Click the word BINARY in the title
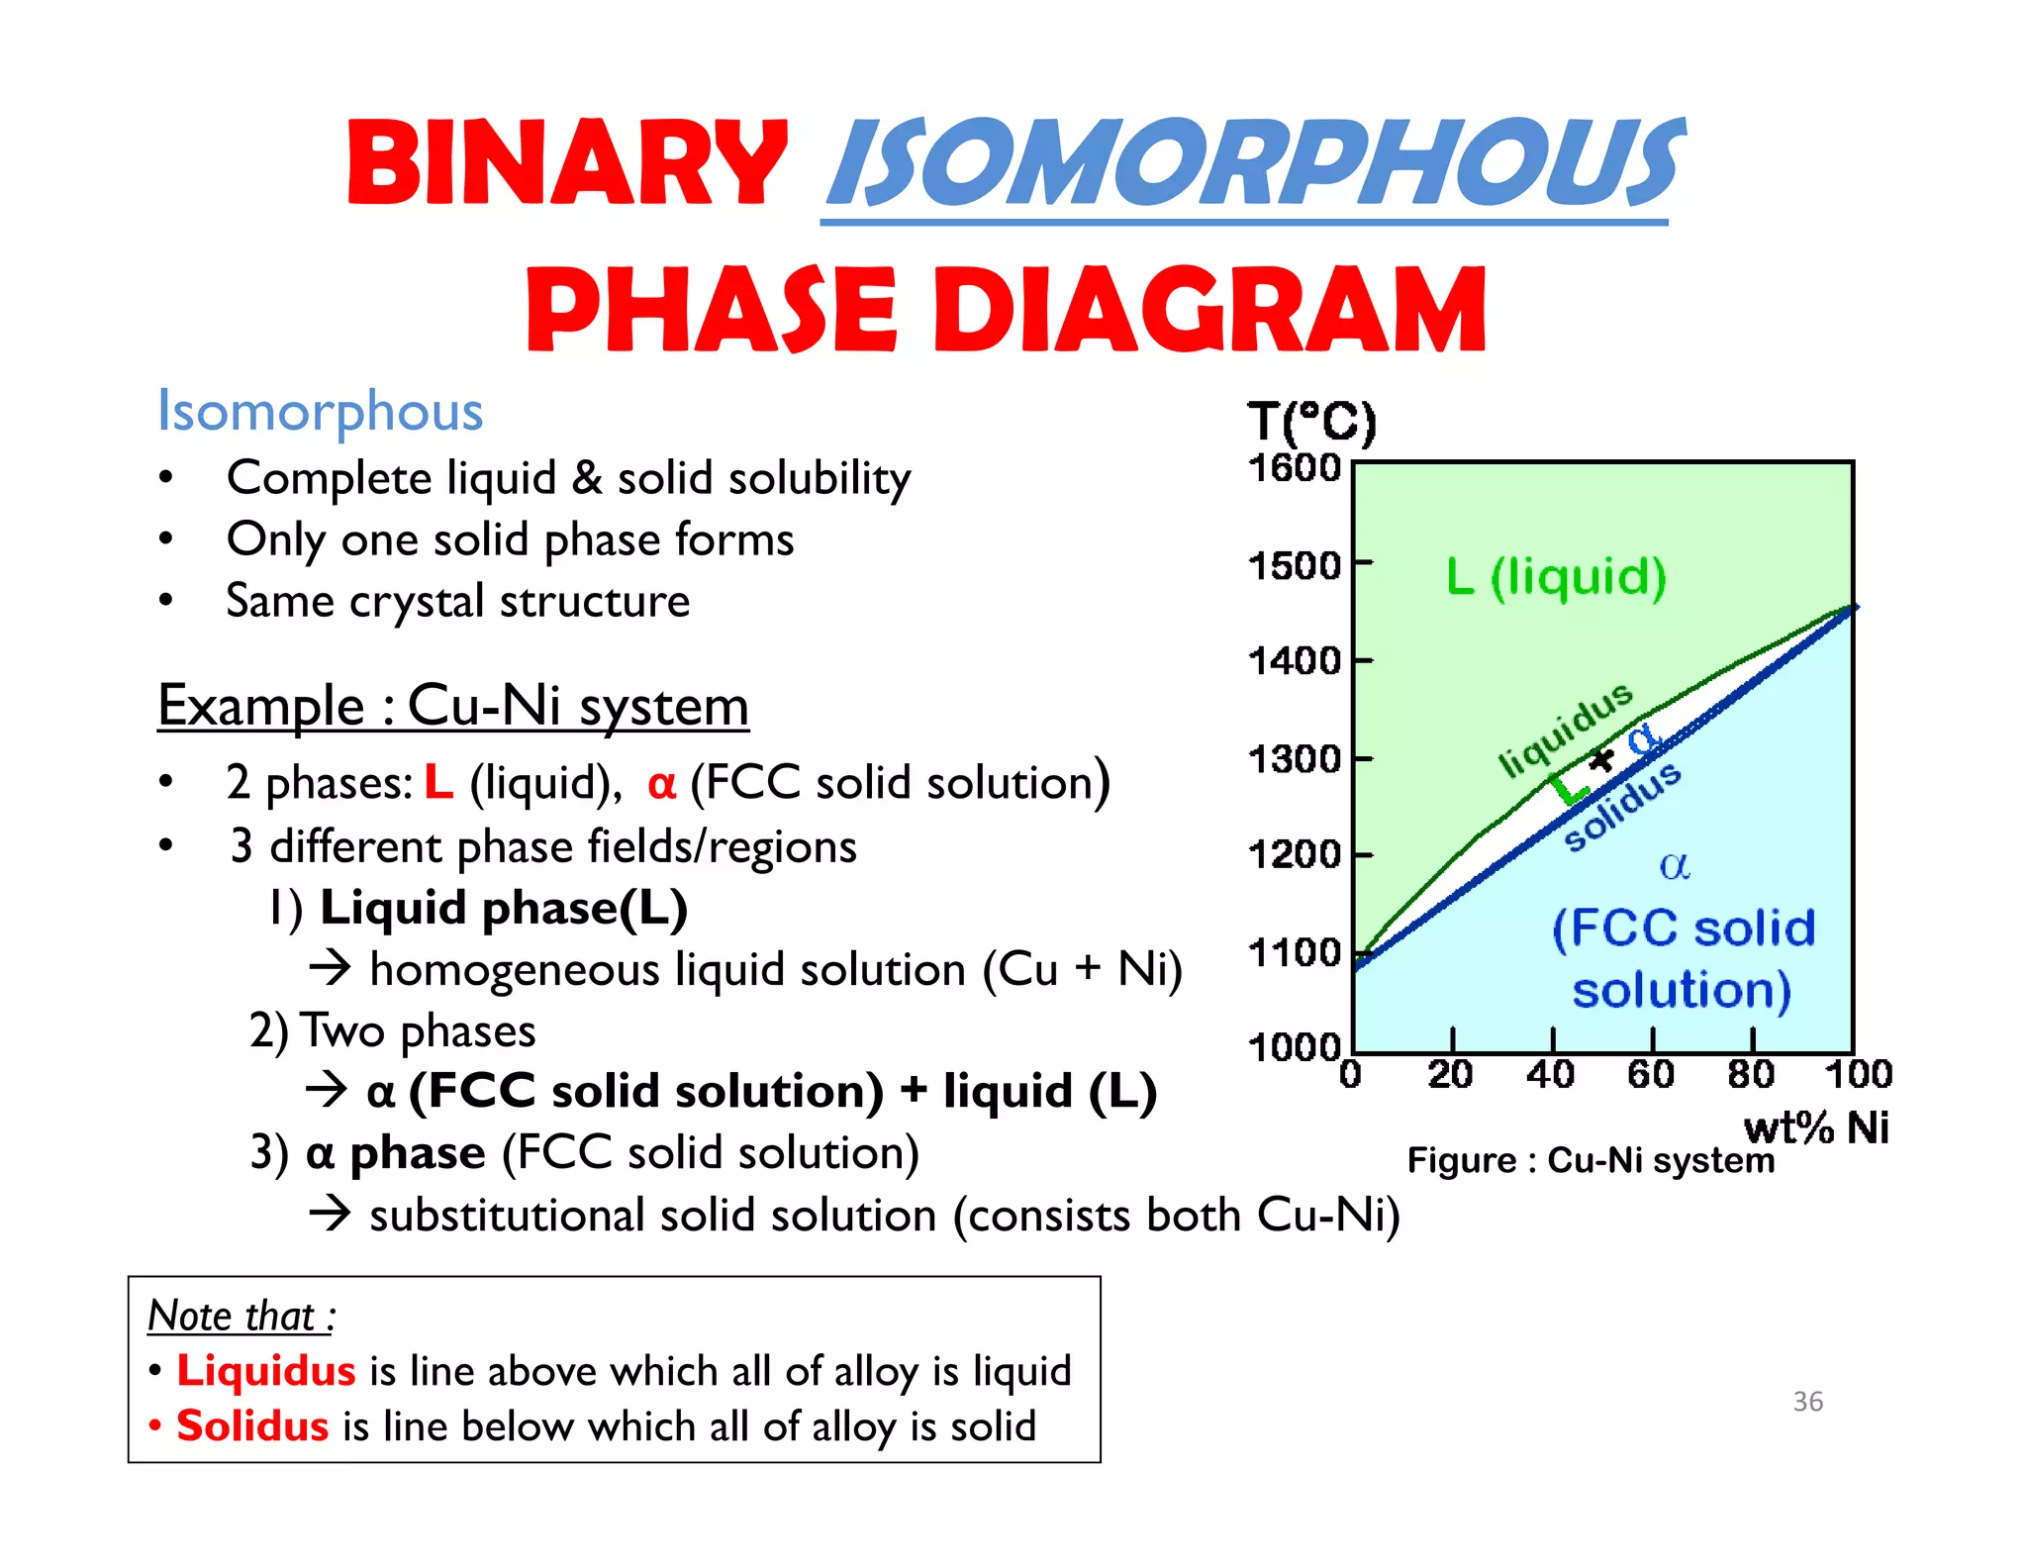(566, 163)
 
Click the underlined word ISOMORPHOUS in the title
(1252, 163)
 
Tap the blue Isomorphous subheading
(320, 411)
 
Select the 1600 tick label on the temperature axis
(1294, 467)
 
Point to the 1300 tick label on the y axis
(1294, 760)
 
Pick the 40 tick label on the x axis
(1550, 1075)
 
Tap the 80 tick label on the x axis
(1750, 1075)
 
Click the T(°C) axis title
(1310, 424)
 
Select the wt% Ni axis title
(1815, 1127)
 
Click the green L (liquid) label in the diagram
(1556, 576)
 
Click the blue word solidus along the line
(1622, 806)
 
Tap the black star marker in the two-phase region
(1600, 760)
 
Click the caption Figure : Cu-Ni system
(1591, 1160)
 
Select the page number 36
(1807, 1402)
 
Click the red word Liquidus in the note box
(265, 1371)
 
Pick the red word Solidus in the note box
(252, 1426)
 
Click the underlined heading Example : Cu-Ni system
(452, 706)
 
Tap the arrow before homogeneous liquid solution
(330, 968)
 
